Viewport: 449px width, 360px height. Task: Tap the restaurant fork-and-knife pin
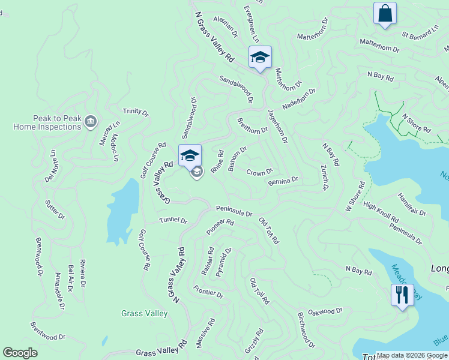(x=402, y=295)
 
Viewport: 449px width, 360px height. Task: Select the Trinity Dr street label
(x=135, y=111)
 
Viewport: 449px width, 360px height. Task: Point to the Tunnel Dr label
(x=173, y=220)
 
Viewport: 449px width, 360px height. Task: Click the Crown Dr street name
(x=259, y=172)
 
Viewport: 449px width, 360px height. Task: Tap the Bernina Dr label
(x=283, y=181)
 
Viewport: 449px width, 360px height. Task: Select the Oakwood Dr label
(x=325, y=311)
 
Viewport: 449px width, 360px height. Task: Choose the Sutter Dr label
(x=55, y=208)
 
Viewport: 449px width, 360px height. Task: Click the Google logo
(x=20, y=353)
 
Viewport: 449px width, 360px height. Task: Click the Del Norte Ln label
(x=50, y=167)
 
